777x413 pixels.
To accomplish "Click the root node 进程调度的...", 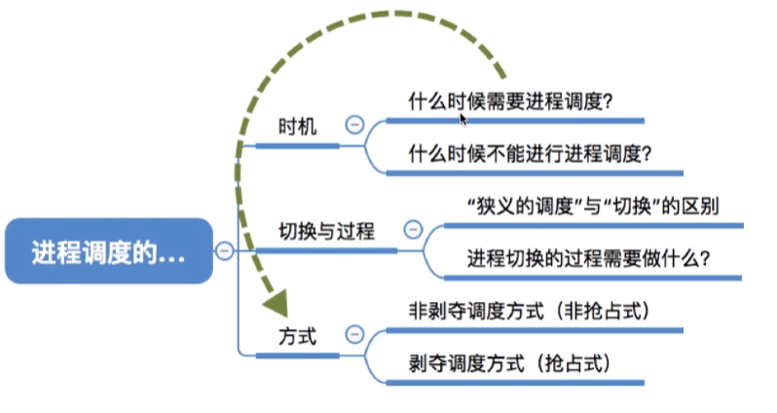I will tap(106, 250).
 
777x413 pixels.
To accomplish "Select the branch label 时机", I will tap(297, 127).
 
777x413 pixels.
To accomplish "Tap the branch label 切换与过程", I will tap(325, 231).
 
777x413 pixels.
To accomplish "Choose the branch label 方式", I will tap(297, 335).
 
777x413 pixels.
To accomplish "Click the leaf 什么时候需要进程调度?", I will tap(510, 100).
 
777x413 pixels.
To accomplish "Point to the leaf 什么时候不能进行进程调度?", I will tap(530, 153).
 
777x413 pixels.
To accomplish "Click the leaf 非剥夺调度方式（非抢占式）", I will tap(530, 311).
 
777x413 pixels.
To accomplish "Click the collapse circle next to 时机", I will tap(354, 125).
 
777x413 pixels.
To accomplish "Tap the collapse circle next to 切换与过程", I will tap(412, 230).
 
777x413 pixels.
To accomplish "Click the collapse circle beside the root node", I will tap(223, 250).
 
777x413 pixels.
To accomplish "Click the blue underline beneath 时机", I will tap(297, 146).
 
